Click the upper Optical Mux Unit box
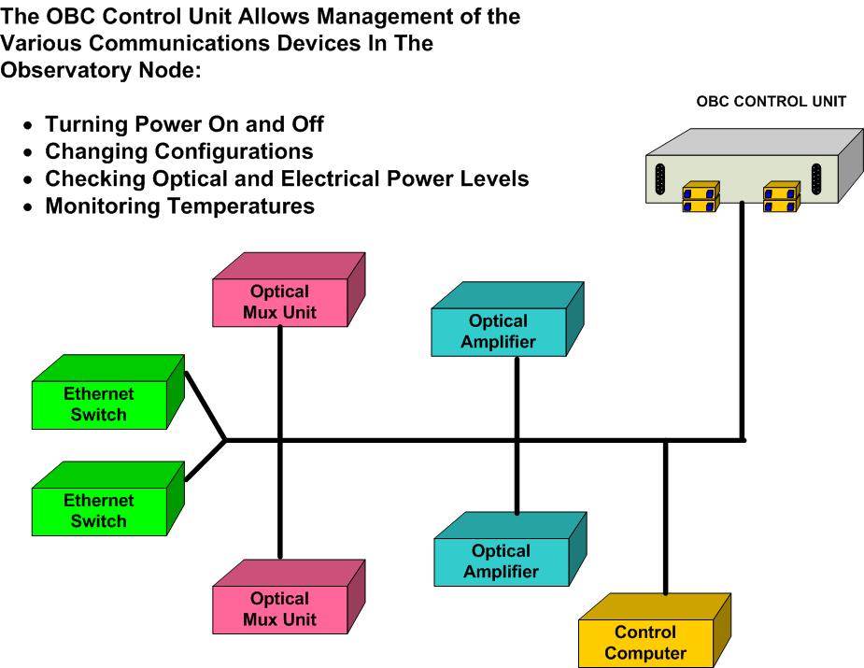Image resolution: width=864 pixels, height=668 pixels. click(289, 290)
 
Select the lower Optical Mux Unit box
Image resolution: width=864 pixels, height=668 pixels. click(289, 597)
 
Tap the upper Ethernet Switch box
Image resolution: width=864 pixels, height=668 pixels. click(108, 391)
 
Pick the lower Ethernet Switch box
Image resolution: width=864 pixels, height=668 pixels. click(108, 498)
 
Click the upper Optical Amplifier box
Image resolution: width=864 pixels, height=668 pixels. click(507, 320)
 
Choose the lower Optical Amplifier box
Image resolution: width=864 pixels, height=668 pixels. click(510, 549)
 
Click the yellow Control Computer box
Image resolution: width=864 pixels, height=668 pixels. click(655, 631)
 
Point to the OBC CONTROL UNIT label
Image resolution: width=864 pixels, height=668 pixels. click(771, 102)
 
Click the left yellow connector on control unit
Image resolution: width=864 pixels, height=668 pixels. click(701, 197)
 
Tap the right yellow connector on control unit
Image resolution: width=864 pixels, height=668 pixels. click(782, 197)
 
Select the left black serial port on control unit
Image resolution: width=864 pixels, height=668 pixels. click(659, 179)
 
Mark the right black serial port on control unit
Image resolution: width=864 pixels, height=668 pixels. click(816, 179)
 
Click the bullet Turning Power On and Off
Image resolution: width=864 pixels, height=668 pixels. click(185, 124)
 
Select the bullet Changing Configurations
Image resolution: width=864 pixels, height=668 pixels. click(179, 151)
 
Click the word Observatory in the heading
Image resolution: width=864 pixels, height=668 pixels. click(66, 71)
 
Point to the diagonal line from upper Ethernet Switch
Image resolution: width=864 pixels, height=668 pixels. click(205, 406)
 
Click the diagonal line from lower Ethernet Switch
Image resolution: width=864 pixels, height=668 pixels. click(205, 461)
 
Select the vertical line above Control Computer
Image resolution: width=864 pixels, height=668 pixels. click(666, 518)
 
